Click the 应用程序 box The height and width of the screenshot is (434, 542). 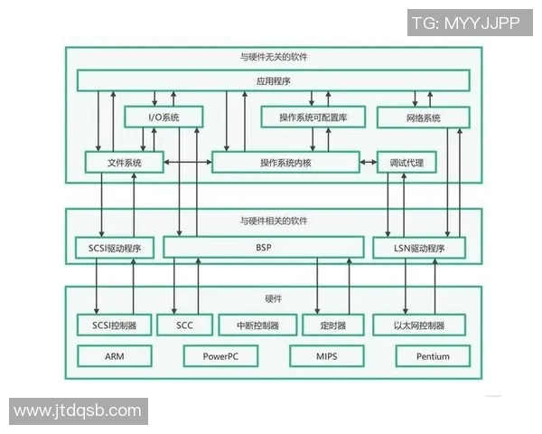(273, 80)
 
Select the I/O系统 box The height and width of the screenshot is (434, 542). (163, 118)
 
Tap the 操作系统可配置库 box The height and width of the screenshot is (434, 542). (313, 118)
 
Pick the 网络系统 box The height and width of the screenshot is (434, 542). (423, 118)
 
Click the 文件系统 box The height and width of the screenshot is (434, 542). (125, 163)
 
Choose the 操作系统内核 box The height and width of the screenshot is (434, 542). (285, 163)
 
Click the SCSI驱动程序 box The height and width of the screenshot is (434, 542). (115, 248)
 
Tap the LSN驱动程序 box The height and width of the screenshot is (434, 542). (419, 248)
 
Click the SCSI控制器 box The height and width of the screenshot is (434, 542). (114, 325)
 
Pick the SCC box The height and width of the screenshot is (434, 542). (183, 325)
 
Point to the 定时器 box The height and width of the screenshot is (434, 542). (332, 325)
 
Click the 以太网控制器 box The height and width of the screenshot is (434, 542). (418, 325)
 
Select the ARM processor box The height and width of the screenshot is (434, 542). (114, 355)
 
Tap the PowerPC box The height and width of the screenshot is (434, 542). (220, 355)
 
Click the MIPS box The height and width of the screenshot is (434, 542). (326, 355)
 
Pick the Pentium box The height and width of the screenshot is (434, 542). (433, 355)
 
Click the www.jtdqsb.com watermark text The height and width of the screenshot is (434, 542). (78, 410)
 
